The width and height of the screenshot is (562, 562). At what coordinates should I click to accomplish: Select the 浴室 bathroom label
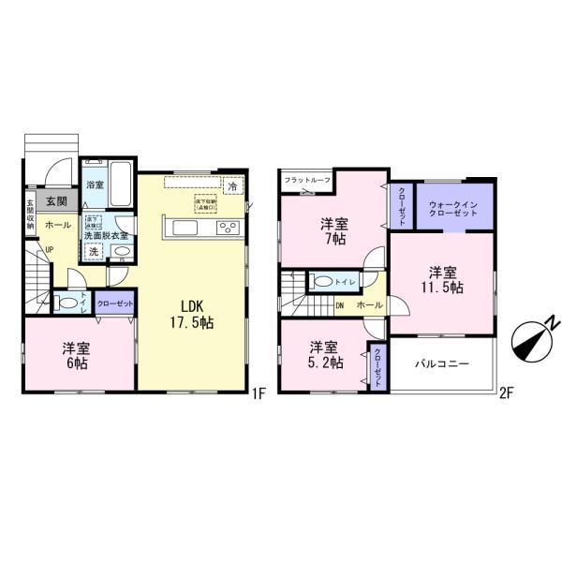pyautogui.click(x=95, y=185)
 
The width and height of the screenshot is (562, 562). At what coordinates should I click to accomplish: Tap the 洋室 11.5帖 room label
pyautogui.click(x=441, y=280)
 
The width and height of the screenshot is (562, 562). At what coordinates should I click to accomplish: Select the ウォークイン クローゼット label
pyautogui.click(x=453, y=208)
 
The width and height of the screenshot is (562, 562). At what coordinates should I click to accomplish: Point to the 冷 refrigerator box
pyautogui.click(x=231, y=185)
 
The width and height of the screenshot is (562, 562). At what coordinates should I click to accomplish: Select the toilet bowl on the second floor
pyautogui.click(x=325, y=281)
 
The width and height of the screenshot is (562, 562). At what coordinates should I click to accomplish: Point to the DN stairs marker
pyautogui.click(x=341, y=305)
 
